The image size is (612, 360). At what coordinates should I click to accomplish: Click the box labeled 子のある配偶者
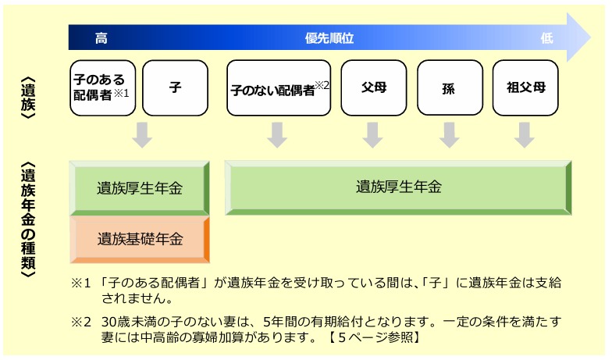(102, 87)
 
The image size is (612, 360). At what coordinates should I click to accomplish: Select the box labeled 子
(175, 87)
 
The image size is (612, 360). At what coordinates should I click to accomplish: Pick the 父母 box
(374, 87)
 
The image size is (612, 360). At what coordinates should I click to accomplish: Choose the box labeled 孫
(448, 87)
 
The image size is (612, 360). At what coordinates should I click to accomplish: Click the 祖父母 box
(524, 87)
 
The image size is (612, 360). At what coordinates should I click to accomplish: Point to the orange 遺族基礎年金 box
(141, 239)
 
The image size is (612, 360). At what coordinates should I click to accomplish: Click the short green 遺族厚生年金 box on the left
(141, 187)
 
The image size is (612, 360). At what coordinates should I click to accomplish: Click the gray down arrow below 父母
(373, 134)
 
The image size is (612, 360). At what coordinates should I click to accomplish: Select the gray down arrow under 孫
(448, 134)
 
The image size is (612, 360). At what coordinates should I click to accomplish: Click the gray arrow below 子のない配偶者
(278, 134)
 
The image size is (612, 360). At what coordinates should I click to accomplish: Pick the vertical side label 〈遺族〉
(27, 91)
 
